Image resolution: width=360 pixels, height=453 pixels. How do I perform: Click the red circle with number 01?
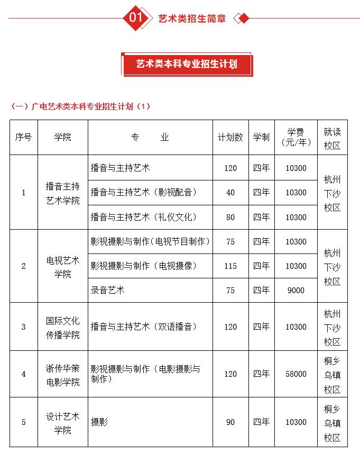136,18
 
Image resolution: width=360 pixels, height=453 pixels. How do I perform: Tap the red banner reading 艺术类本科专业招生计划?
187,64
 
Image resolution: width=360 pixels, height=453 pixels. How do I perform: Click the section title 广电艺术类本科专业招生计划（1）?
81,106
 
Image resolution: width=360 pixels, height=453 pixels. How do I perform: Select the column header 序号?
24,137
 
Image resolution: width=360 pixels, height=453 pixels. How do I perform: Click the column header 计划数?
230,137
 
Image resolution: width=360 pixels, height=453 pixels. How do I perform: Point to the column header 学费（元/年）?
296,137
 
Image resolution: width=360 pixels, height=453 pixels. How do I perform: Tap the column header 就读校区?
333,137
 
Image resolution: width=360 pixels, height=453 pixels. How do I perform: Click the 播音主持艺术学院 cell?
62,193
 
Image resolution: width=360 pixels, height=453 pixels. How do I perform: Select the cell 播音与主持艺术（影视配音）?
144,193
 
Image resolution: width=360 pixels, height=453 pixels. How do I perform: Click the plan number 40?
230,193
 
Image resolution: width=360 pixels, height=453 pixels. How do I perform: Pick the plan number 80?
230,217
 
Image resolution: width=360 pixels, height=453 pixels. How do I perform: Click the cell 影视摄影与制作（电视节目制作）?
151,242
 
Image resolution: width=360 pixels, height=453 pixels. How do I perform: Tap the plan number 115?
230,266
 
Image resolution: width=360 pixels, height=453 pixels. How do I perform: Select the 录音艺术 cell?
108,291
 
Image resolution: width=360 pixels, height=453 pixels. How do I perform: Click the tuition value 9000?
296,291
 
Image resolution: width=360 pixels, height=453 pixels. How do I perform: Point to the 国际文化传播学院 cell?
62,327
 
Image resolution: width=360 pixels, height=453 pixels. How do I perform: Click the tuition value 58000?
296,374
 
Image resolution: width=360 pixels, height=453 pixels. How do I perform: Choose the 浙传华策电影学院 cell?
62,374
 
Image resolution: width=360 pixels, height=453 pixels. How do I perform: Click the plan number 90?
230,422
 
